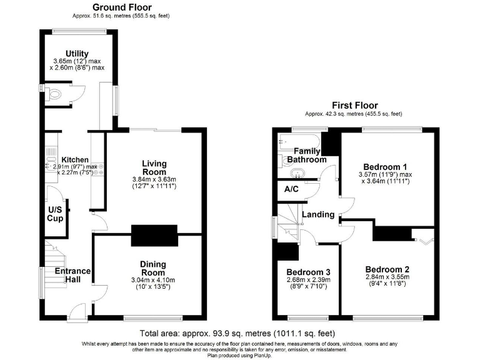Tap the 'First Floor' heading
coord(354,105)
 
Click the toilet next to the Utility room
coord(55,94)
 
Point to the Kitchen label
coord(74,160)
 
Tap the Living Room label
coord(154,167)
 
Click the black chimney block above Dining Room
coord(154,237)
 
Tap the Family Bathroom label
coord(307,155)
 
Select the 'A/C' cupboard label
coord(291,189)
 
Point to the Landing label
coord(318,214)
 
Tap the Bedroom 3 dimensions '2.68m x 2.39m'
coord(307,281)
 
